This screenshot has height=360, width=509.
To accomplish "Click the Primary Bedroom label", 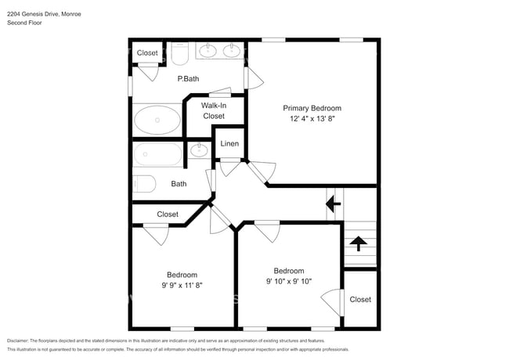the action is [x=312, y=108].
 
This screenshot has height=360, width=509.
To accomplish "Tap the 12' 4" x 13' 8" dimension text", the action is [x=312, y=119].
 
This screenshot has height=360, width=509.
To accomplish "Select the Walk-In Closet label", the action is [x=214, y=110].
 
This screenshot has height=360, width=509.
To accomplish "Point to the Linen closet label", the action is [x=229, y=144].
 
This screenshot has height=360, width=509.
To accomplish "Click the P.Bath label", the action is [x=188, y=79].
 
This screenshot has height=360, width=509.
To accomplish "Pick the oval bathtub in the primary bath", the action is [x=157, y=120].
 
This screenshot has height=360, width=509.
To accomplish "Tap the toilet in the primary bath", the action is [x=179, y=53].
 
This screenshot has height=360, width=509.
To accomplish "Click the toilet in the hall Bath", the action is [x=144, y=184].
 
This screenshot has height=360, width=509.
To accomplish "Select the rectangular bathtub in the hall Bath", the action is [x=157, y=155].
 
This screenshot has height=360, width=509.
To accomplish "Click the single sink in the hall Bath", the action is [x=199, y=150].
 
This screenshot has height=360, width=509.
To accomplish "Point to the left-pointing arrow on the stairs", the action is [x=334, y=204].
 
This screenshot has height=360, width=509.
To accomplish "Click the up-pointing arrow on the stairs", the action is [x=359, y=243].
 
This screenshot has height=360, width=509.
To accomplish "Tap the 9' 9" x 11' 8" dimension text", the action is [x=182, y=286].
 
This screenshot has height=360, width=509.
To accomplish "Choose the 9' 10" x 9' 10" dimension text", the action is [x=289, y=282].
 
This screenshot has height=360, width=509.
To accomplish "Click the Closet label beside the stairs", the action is [x=360, y=300].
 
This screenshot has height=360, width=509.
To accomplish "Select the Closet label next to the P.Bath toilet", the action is [x=147, y=53].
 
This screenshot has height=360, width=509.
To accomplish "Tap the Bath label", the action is [x=179, y=184].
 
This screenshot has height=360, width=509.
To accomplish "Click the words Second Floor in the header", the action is [x=25, y=23].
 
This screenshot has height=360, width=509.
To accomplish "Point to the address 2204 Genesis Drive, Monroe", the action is [x=44, y=14].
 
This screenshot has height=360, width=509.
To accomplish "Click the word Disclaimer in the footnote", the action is [x=17, y=341].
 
